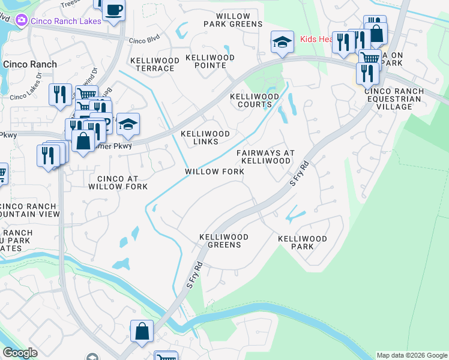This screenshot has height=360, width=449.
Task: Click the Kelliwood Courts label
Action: [x=255, y=100]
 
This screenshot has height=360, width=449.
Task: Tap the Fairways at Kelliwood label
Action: [x=265, y=157]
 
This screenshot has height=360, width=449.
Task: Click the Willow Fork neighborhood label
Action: [x=214, y=172]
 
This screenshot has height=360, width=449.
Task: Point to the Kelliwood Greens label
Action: [x=220, y=241]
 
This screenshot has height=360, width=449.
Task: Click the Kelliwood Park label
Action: [x=302, y=242]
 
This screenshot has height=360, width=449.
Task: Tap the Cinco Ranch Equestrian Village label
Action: [x=394, y=99]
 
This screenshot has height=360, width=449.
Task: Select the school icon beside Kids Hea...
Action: [x=282, y=41]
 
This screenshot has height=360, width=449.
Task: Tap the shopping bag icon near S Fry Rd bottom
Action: [x=142, y=331]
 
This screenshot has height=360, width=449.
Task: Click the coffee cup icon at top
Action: [x=113, y=10]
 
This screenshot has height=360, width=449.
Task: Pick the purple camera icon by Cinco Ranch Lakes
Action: [x=22, y=20]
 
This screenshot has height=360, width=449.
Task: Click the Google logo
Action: [x=20, y=353]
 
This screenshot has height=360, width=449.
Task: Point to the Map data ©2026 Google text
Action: [x=411, y=355]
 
